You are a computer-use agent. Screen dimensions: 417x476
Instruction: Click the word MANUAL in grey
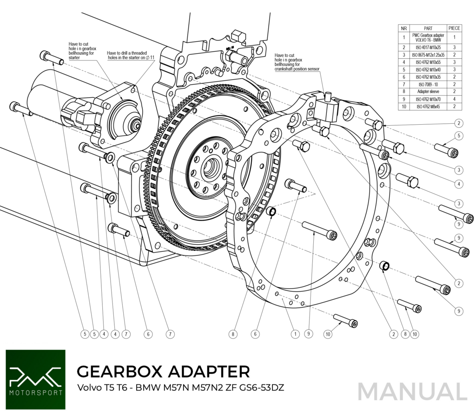(x=412, y=391)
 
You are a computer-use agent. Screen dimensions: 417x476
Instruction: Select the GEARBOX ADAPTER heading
(x=163, y=371)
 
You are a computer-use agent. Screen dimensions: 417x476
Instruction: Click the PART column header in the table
(x=428, y=28)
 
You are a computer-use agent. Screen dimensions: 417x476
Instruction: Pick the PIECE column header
(x=454, y=28)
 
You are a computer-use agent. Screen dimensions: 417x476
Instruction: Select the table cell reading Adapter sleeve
(x=428, y=92)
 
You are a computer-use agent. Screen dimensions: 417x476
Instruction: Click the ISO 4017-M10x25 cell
(x=428, y=47)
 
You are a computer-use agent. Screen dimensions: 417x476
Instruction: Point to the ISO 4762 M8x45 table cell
(x=428, y=107)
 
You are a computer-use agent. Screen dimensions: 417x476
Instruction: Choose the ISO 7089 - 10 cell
(x=428, y=84)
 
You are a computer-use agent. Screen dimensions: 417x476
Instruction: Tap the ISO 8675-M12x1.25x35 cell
(x=428, y=54)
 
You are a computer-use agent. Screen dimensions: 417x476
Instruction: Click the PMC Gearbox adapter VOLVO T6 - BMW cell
(x=428, y=37)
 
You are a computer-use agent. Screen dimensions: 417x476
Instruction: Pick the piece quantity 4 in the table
(x=454, y=99)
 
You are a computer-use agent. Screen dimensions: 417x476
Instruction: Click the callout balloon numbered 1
(x=295, y=333)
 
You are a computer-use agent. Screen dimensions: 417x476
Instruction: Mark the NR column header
(x=404, y=28)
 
